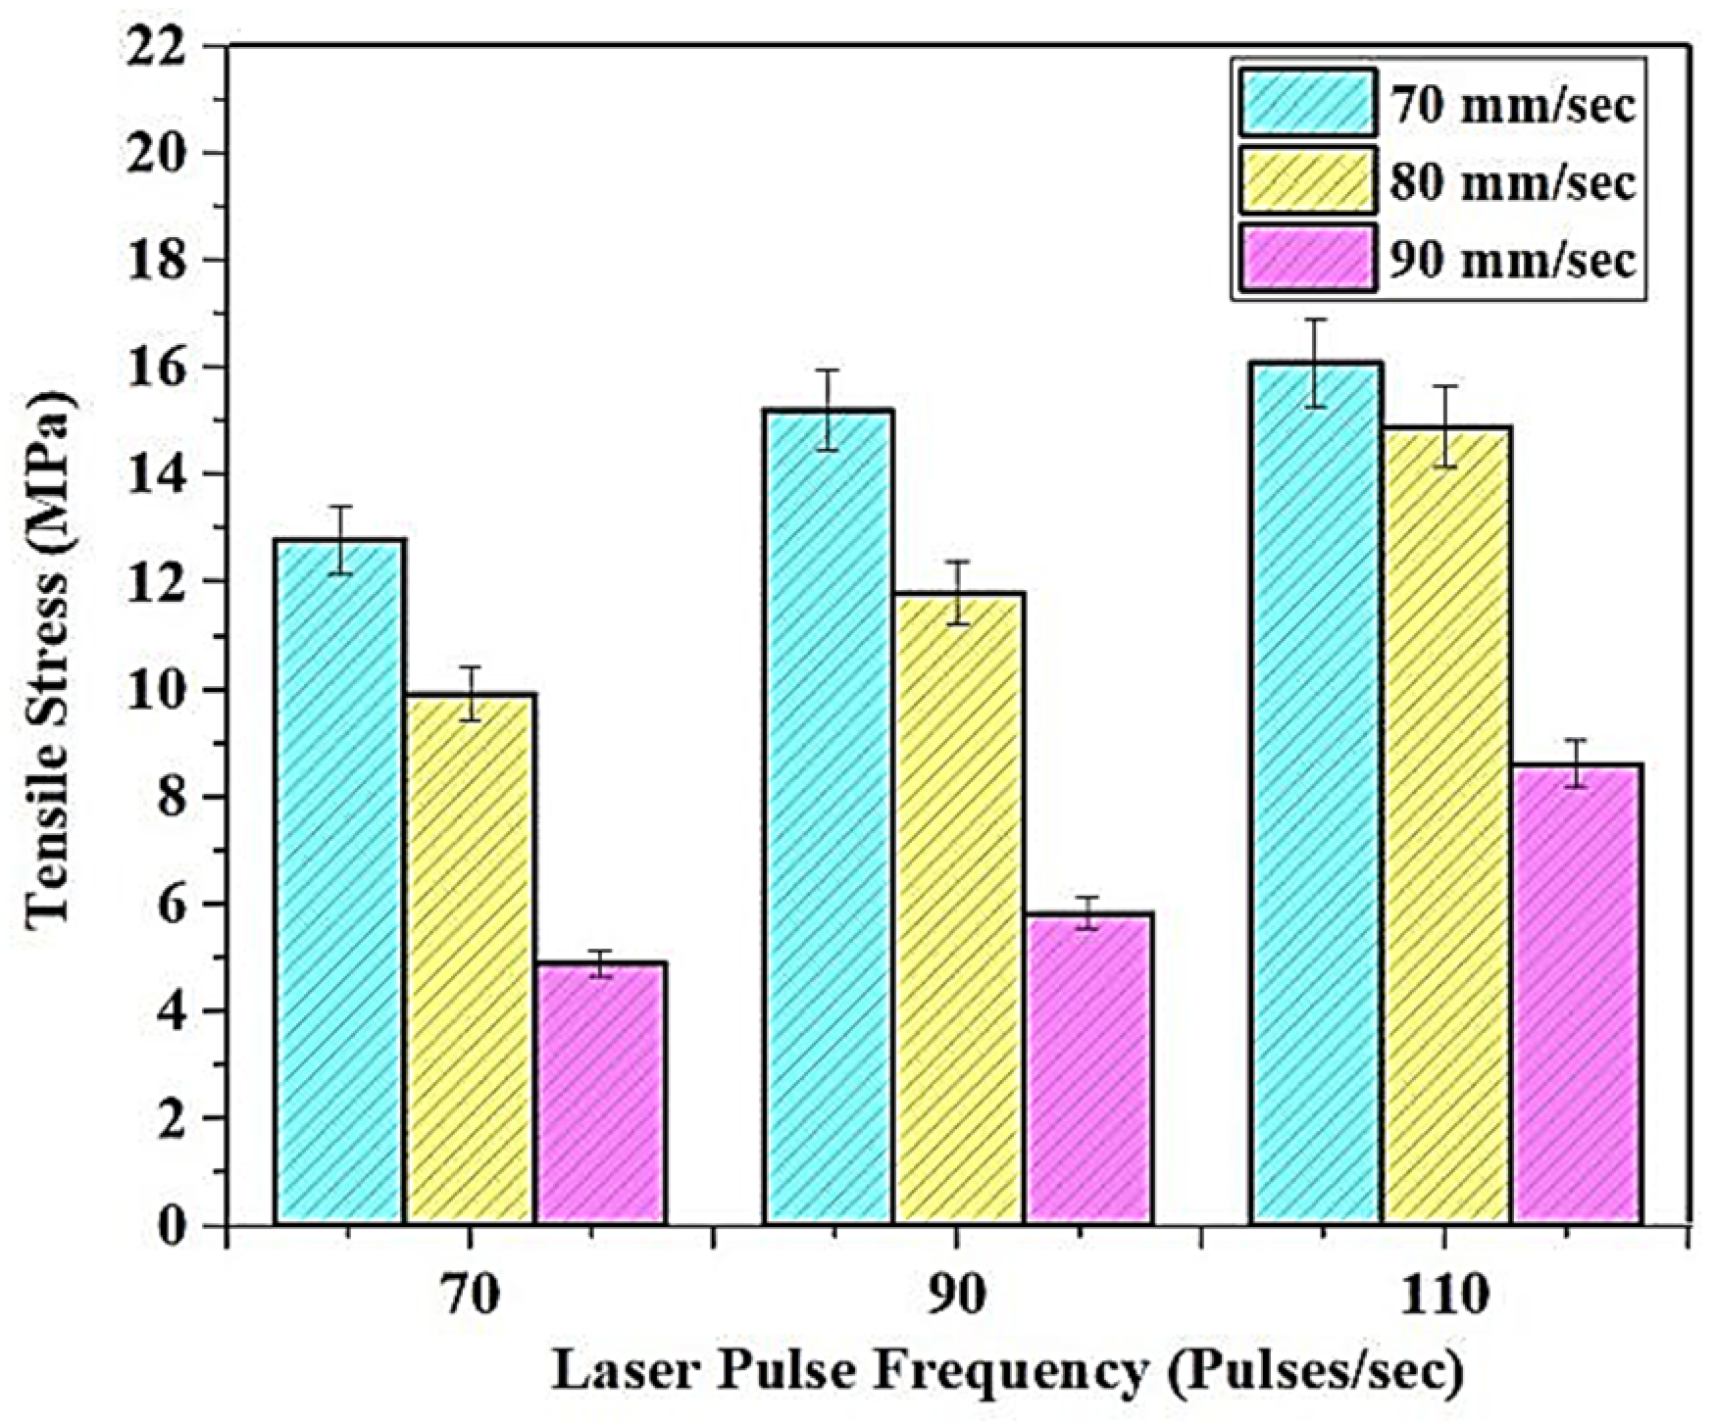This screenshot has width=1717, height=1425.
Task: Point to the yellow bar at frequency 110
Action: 1444,824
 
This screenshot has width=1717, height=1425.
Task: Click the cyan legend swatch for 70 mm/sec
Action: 1306,102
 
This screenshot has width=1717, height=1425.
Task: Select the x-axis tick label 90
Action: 957,1298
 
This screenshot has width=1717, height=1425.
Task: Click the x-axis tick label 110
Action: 1443,1298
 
